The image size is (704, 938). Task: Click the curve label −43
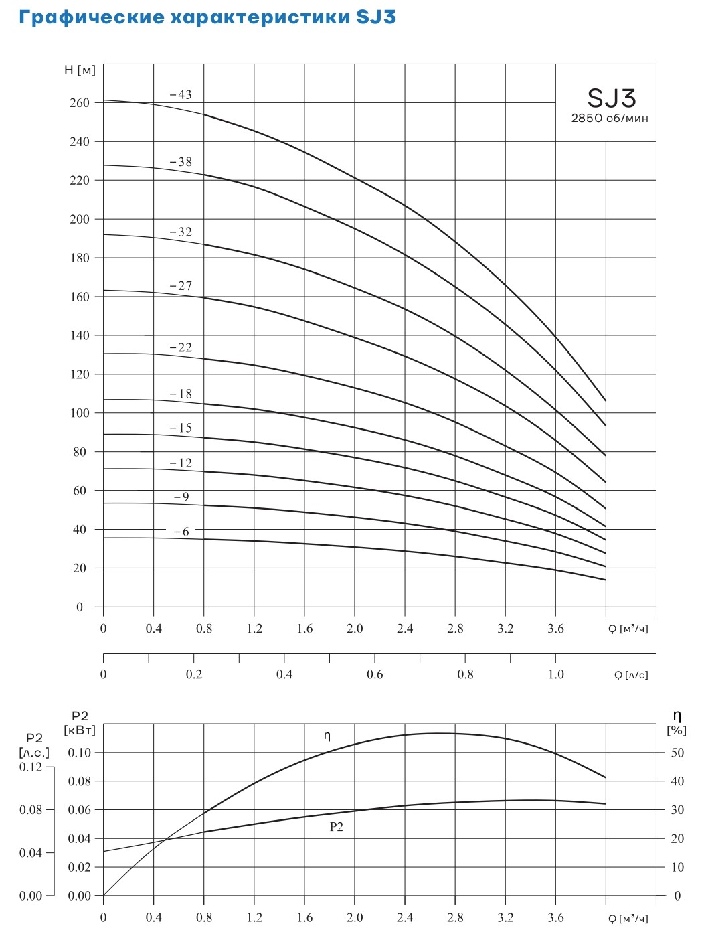pos(181,95)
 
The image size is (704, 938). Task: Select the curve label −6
pos(181,532)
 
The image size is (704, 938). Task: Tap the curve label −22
pos(181,347)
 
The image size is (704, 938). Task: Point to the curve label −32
pos(181,232)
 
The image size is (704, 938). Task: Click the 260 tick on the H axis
pos(80,103)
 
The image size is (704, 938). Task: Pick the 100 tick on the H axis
pos(80,413)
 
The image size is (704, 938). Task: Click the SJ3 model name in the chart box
pos(611,99)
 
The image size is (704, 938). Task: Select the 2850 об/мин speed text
pos(610,119)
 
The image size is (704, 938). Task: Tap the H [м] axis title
pos(80,70)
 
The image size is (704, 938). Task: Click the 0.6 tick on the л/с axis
pos(375,674)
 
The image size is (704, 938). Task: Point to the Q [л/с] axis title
pos(631,675)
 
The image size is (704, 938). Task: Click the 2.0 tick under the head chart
pos(354,629)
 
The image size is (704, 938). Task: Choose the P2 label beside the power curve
pos(336,827)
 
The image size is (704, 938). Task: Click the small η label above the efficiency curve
pos(327,736)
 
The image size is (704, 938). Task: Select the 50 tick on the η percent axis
pos(677,753)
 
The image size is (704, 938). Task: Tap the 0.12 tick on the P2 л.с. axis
pos(31,767)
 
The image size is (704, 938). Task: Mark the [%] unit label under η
pos(677,730)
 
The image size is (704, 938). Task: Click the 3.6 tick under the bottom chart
pos(555,917)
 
